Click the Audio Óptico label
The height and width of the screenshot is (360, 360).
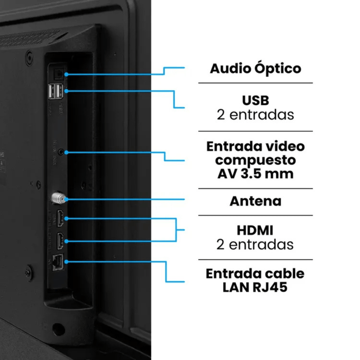click(x=255, y=69)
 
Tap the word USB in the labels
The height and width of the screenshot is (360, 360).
click(x=255, y=99)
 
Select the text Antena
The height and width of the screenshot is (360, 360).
click(x=255, y=201)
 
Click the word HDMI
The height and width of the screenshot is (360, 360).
click(x=255, y=230)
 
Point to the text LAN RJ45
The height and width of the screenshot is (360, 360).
click(x=255, y=287)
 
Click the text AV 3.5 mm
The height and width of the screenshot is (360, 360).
click(x=255, y=173)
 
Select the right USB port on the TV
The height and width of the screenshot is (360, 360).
click(x=59, y=92)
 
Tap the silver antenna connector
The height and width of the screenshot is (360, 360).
click(x=58, y=198)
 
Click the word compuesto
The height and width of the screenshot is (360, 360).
click(x=255, y=160)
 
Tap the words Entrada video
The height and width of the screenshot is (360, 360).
click(x=255, y=146)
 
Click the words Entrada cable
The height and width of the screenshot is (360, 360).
click(x=255, y=273)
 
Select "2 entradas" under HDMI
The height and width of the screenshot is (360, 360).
click(x=255, y=244)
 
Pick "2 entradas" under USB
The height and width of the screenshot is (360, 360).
click(x=255, y=114)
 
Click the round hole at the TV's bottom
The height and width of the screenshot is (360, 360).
click(x=57, y=328)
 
